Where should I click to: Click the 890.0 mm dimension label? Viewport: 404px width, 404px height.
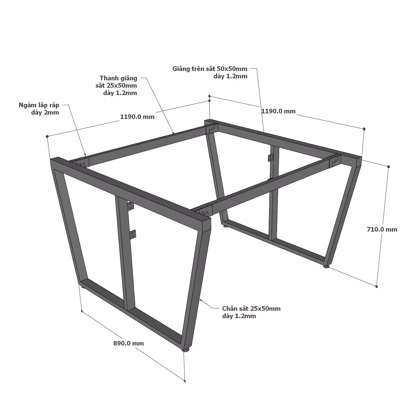click(x=128, y=343)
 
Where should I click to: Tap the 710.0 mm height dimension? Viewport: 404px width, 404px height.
click(x=382, y=229)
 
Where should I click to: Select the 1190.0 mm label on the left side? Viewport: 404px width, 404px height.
click(x=137, y=117)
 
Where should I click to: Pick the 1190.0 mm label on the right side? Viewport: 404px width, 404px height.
click(x=278, y=111)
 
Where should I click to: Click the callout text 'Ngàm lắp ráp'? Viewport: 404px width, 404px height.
click(x=39, y=105)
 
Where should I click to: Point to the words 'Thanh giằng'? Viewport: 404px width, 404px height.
click(x=118, y=78)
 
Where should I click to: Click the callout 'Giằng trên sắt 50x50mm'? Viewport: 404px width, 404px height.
click(x=210, y=69)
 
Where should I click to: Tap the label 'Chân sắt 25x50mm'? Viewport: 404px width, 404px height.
click(x=251, y=308)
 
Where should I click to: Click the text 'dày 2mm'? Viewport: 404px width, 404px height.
click(x=45, y=113)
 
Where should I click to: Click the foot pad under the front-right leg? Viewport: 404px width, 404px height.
click(x=185, y=349)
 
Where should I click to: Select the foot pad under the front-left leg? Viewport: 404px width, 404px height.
click(x=82, y=286)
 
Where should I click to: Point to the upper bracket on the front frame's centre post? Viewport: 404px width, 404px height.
click(x=131, y=206)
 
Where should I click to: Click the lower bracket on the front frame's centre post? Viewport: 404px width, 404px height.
click(x=133, y=234)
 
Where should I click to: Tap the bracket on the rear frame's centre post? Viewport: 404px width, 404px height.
click(x=270, y=158)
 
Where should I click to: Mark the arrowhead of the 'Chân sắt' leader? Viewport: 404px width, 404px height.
click(x=201, y=300)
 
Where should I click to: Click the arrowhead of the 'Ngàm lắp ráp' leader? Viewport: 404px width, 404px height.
click(x=85, y=154)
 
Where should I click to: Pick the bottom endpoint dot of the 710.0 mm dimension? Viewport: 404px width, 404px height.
click(x=377, y=286)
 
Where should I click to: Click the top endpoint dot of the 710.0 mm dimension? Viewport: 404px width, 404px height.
click(x=389, y=167)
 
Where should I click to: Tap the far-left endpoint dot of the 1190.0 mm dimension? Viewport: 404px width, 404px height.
click(x=47, y=136)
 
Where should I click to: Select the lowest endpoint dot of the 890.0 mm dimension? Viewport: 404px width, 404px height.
click(x=185, y=381)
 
